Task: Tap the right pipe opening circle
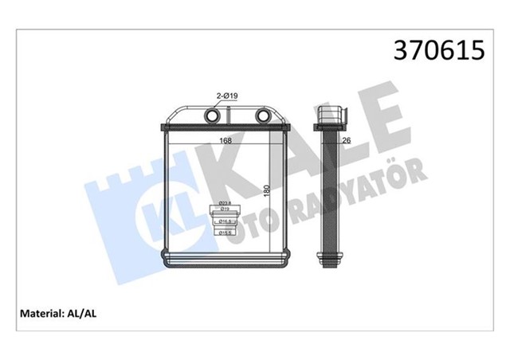tap(263, 116)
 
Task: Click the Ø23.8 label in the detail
tap(226, 204)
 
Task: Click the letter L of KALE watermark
tap(343, 131)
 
